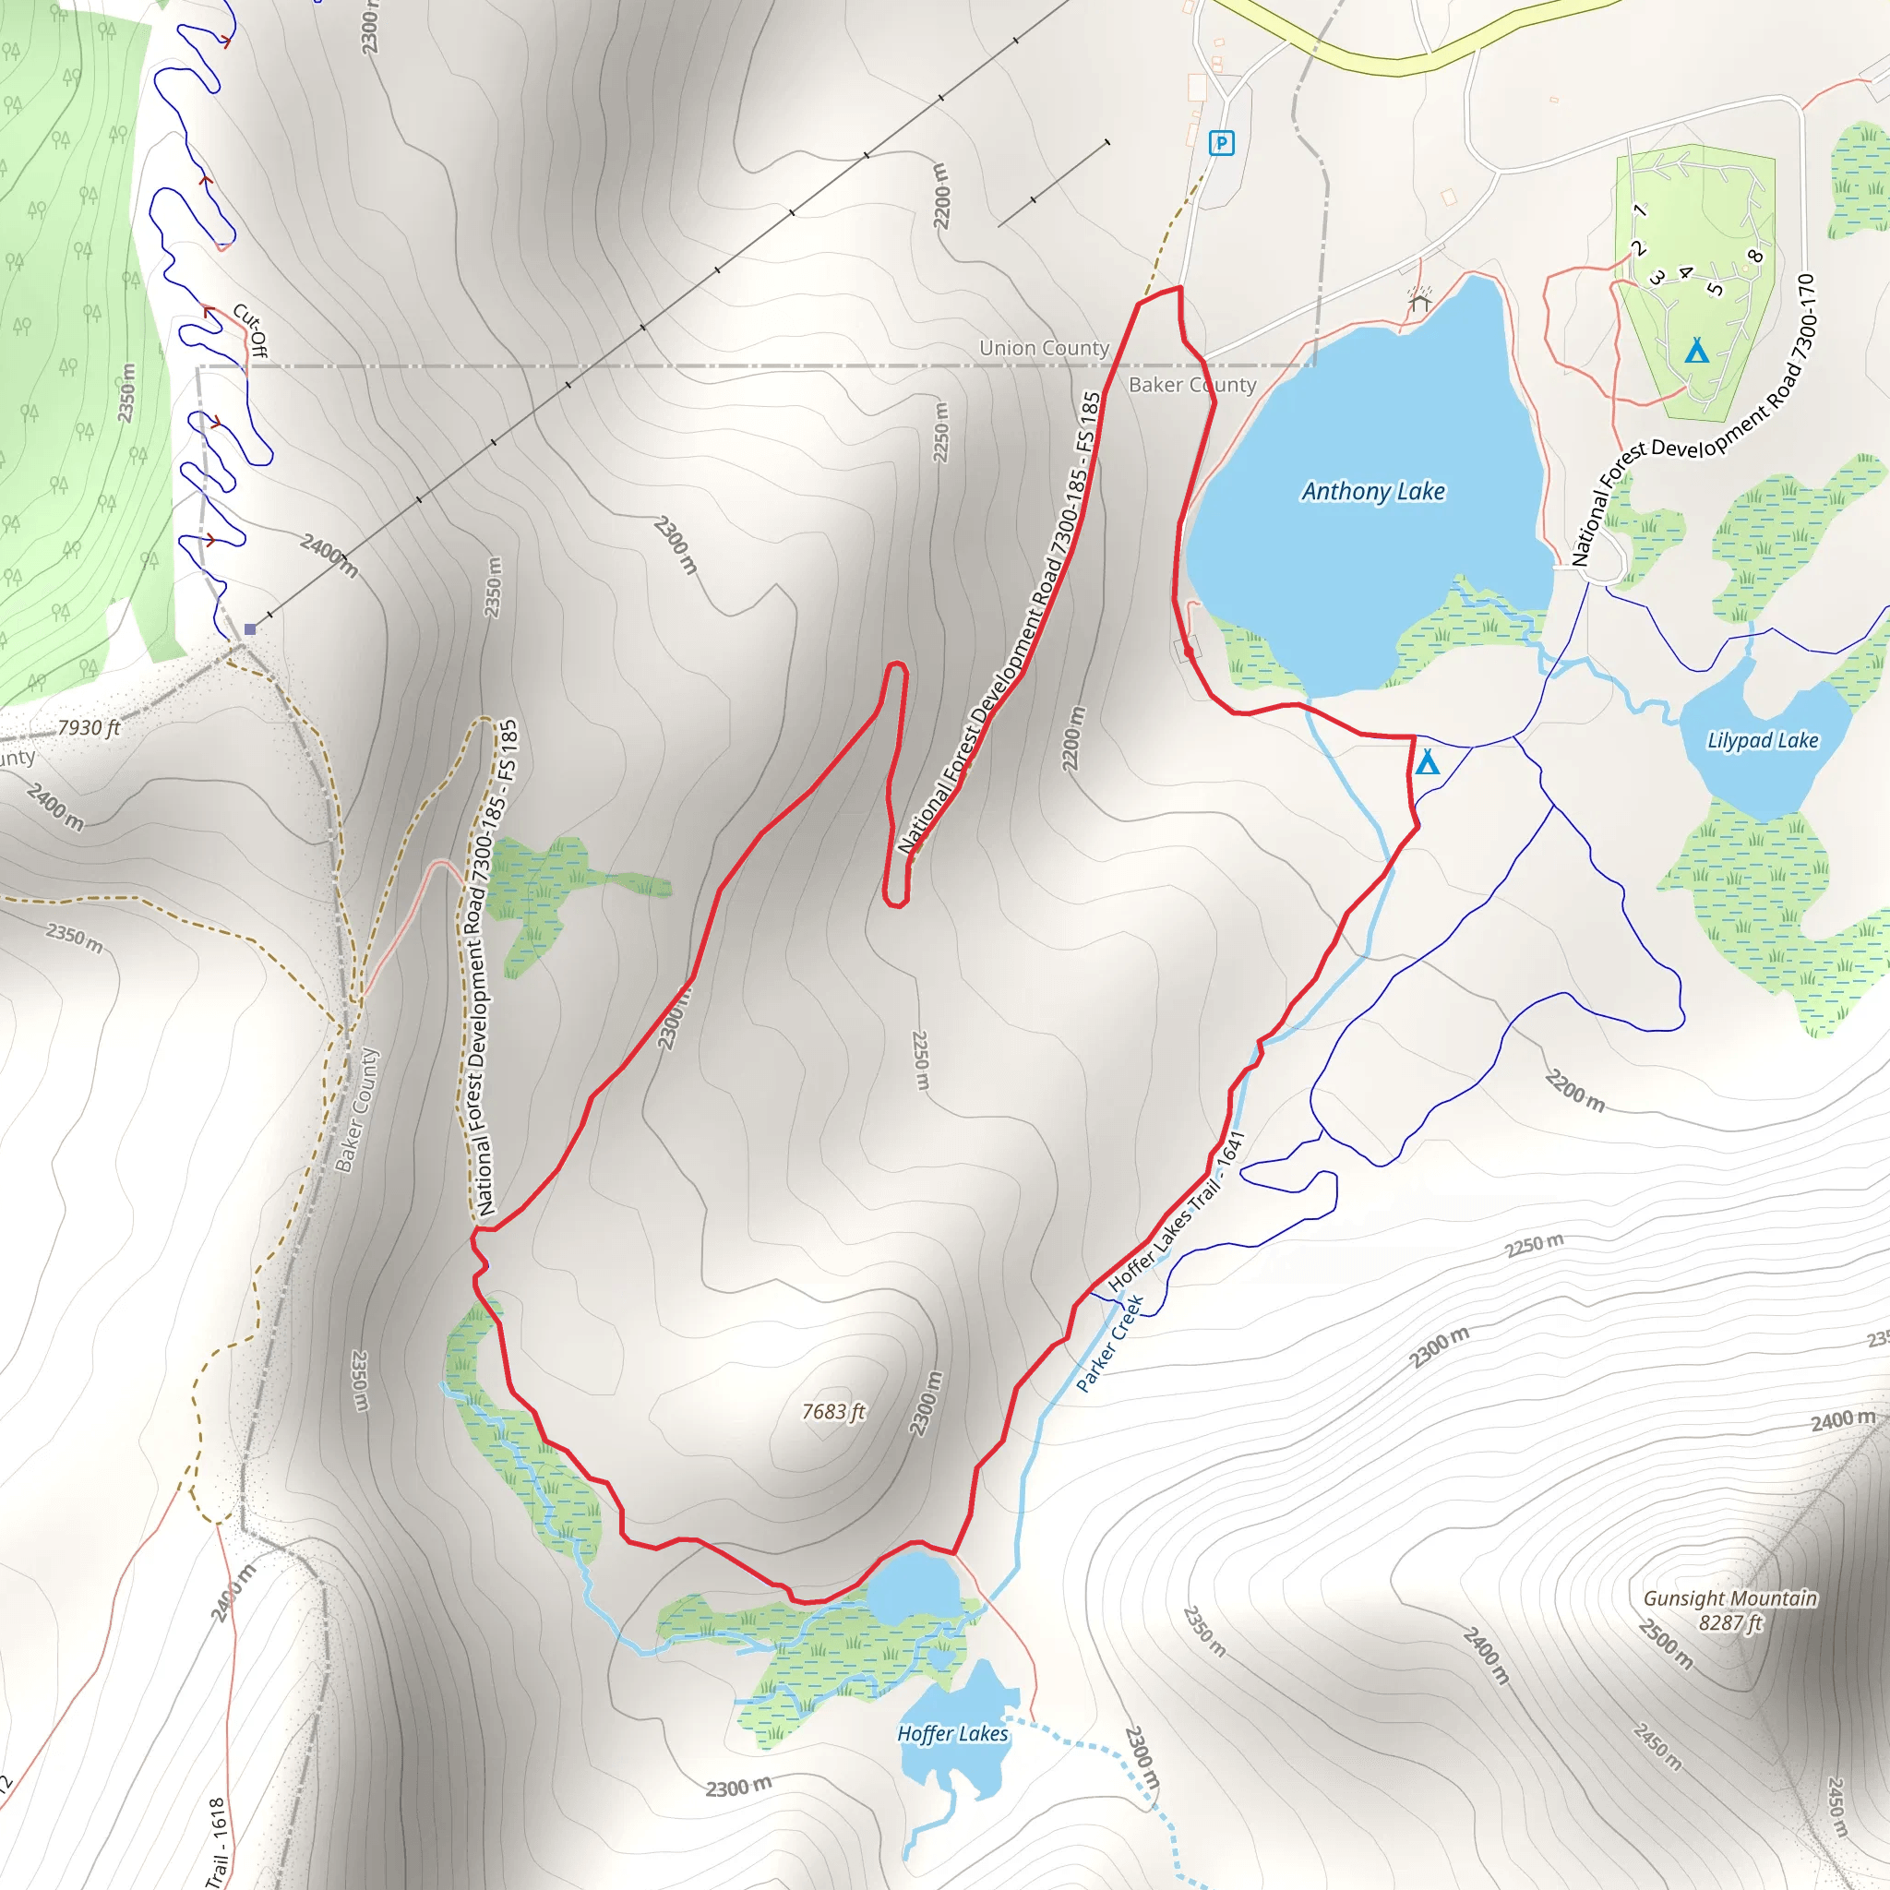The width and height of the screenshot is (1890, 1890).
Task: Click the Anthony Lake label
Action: click(x=1372, y=491)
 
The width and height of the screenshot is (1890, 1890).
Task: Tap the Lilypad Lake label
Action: click(x=1762, y=740)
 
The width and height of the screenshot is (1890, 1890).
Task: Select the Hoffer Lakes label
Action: click(x=951, y=1733)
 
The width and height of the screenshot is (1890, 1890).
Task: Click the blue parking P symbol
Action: click(x=1221, y=143)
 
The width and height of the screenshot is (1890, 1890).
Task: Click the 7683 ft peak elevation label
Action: click(x=833, y=1412)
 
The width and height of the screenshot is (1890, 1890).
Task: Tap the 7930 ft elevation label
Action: click(x=88, y=728)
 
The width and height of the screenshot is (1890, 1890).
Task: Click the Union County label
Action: click(x=1044, y=348)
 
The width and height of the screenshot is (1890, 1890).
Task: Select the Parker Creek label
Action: click(x=1109, y=1343)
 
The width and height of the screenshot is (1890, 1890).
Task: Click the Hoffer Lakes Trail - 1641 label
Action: click(x=1176, y=1212)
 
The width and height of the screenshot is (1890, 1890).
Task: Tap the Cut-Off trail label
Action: click(x=250, y=329)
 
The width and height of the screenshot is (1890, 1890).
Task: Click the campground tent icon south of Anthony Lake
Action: click(x=1428, y=762)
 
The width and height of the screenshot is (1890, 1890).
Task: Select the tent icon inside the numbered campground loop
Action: click(x=1697, y=350)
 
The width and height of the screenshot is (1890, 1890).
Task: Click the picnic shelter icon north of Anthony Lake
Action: click(x=1419, y=299)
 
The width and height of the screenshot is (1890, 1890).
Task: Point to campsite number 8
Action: click(x=1755, y=257)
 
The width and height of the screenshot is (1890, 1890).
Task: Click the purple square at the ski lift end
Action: click(x=250, y=629)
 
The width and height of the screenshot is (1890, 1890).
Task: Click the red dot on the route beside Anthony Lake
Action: click(x=1189, y=651)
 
